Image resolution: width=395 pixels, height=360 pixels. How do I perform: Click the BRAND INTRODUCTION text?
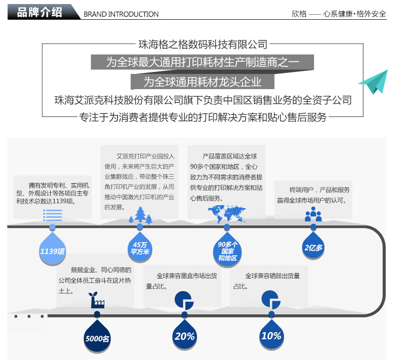click(121, 14)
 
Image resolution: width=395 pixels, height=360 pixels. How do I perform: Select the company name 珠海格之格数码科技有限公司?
click(203, 45)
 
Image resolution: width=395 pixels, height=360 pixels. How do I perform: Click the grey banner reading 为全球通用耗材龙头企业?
click(203, 82)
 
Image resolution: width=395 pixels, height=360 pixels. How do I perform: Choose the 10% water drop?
click(271, 334)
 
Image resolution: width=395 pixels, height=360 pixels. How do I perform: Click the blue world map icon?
click(227, 214)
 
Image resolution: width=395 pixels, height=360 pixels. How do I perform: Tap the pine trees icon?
click(141, 215)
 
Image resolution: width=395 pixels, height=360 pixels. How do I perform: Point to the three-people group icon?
click(313, 214)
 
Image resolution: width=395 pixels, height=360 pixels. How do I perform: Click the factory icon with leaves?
click(97, 300)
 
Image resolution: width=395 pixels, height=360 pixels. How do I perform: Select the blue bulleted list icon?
click(52, 215)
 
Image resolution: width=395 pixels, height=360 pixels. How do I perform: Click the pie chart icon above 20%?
click(184, 300)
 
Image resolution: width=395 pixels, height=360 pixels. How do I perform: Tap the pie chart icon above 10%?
click(271, 300)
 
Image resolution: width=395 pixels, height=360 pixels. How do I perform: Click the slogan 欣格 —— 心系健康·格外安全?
click(339, 14)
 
